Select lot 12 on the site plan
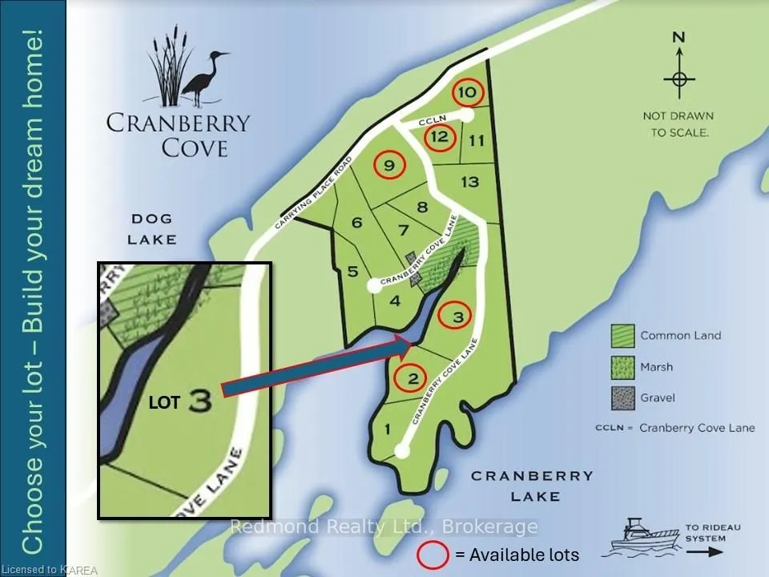pyautogui.click(x=439, y=136)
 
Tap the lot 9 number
pyautogui.click(x=389, y=166)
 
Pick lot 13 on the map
pyautogui.click(x=469, y=182)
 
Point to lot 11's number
pyautogui.click(x=477, y=141)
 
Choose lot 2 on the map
pyautogui.click(x=413, y=378)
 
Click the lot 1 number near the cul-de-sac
pyautogui.click(x=388, y=430)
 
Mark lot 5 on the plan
pyautogui.click(x=352, y=272)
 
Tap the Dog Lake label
pyautogui.click(x=155, y=228)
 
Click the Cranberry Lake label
pyautogui.click(x=532, y=486)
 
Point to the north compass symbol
pyautogui.click(x=678, y=79)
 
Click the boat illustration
pyautogui.click(x=642, y=538)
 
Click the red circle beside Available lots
pyautogui.click(x=433, y=555)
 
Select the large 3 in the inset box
pyautogui.click(x=200, y=401)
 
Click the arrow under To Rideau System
pyautogui.click(x=704, y=551)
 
